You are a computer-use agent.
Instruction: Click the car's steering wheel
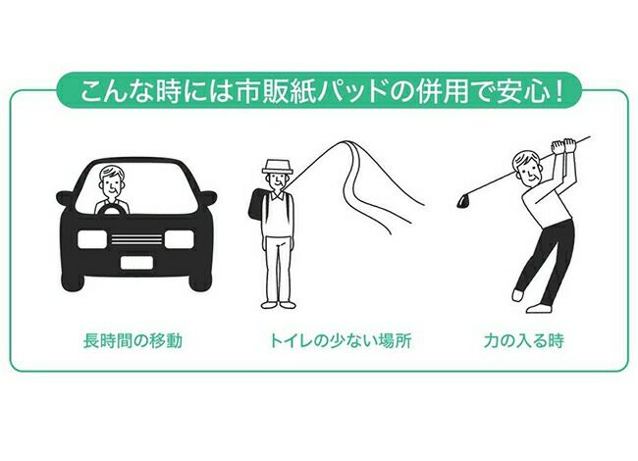click(x=112, y=208)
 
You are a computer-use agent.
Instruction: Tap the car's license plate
click(x=136, y=263)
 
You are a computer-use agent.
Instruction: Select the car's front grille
click(x=136, y=239)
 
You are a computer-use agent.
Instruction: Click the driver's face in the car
click(x=112, y=184)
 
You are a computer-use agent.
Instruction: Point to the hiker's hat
click(x=278, y=167)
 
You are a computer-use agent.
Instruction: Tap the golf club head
click(x=462, y=202)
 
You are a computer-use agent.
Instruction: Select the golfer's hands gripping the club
click(x=563, y=146)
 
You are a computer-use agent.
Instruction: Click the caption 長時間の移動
click(x=133, y=340)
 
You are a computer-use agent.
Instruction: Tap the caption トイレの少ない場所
click(x=341, y=340)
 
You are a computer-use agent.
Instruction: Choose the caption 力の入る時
click(x=524, y=340)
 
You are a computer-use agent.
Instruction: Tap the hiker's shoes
click(x=278, y=304)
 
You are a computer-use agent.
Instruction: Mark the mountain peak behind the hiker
click(x=346, y=141)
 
